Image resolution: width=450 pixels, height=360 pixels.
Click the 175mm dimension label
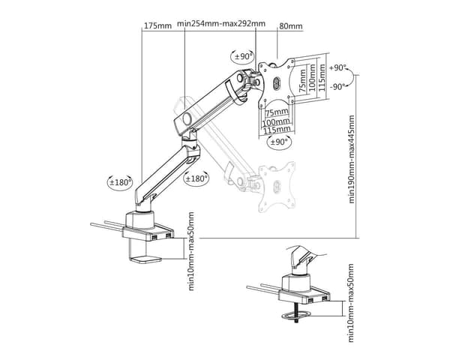(157, 25)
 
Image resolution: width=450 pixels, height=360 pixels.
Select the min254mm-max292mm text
(221, 23)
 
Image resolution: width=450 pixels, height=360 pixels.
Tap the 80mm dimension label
(291, 26)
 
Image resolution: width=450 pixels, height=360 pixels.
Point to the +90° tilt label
(337, 67)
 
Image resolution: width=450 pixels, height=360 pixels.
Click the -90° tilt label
(337, 86)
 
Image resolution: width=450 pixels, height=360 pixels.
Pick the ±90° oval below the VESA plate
(279, 142)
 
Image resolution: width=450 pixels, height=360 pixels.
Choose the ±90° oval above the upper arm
(243, 56)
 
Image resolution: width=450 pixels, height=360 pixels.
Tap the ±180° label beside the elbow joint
(196, 178)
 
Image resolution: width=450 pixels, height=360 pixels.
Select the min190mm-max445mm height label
(352, 159)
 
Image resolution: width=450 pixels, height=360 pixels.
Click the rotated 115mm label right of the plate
(322, 77)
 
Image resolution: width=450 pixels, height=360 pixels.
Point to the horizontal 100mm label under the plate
(276, 122)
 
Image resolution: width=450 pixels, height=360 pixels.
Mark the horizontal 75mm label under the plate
(277, 112)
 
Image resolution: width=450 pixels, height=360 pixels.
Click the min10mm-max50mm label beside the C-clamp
(191, 251)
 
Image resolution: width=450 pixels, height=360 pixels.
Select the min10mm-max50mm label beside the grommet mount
(351, 303)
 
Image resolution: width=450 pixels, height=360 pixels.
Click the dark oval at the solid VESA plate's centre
(277, 84)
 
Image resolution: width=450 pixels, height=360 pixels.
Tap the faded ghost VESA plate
(277, 187)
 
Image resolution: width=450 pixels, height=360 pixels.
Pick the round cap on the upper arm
(188, 118)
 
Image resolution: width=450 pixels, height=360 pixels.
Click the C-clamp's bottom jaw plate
(145, 259)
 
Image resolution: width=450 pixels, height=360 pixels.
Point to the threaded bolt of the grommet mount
(296, 313)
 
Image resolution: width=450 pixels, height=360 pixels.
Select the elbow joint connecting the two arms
(190, 145)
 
